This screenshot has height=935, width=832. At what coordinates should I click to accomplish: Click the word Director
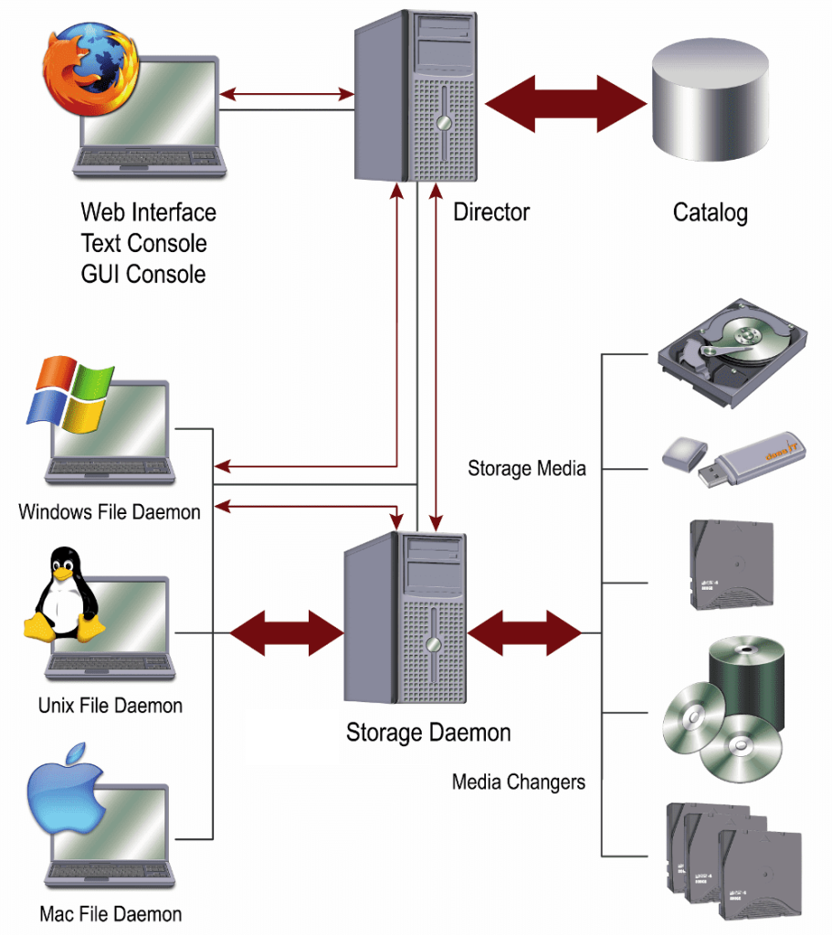pyautogui.click(x=491, y=213)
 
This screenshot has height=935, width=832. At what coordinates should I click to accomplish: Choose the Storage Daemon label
pyautogui.click(x=428, y=732)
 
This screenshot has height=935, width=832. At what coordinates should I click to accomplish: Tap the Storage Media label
pyautogui.click(x=527, y=469)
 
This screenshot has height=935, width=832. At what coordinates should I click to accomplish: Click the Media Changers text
pyautogui.click(x=519, y=783)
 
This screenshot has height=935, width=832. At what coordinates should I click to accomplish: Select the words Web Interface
pyautogui.click(x=149, y=213)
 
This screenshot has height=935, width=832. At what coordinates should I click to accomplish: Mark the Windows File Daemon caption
pyautogui.click(x=110, y=511)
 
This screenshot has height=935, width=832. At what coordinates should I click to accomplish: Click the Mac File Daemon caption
pyautogui.click(x=111, y=914)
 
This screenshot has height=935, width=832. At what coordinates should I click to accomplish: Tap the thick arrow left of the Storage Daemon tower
pyautogui.click(x=286, y=632)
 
